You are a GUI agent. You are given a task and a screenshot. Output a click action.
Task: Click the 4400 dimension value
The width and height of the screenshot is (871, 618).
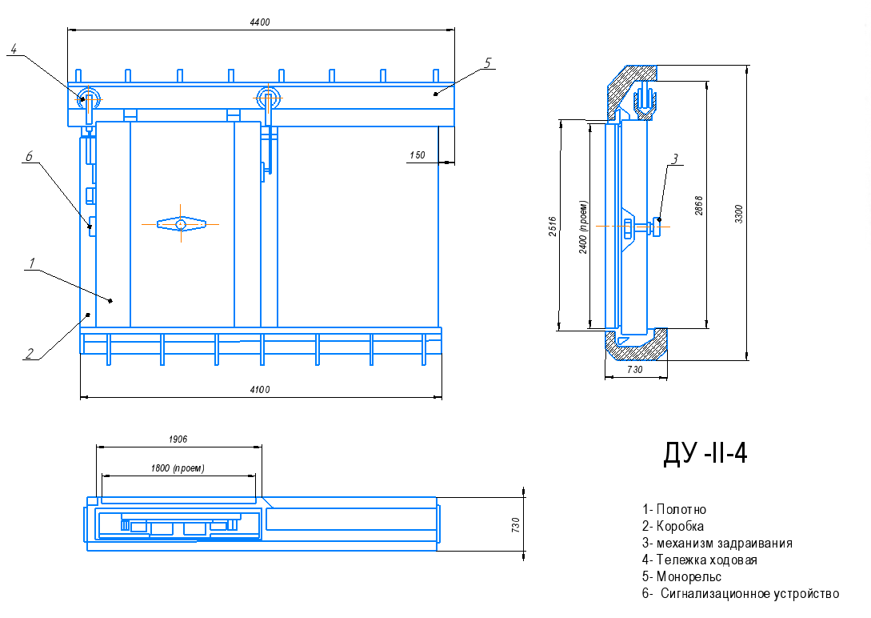pyautogui.click(x=259, y=22)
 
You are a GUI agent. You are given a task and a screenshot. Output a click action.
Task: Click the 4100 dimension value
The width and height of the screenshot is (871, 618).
pyautogui.click(x=259, y=390)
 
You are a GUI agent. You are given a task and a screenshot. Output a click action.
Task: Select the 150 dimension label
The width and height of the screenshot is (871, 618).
pyautogui.click(x=418, y=155)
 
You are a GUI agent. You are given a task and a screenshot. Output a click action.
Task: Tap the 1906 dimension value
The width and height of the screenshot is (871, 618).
pyautogui.click(x=178, y=439)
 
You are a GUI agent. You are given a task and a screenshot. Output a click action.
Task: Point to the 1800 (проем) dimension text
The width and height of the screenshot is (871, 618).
pyautogui.click(x=178, y=468)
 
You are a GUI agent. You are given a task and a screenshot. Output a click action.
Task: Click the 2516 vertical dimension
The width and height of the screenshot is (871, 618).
pyautogui.click(x=553, y=227)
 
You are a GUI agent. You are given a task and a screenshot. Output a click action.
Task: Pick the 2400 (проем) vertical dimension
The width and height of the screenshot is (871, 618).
pyautogui.click(x=583, y=227)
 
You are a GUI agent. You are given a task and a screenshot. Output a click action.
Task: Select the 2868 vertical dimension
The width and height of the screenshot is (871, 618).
pyautogui.click(x=699, y=206)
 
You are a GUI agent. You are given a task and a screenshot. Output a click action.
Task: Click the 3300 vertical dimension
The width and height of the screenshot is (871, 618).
pyautogui.click(x=739, y=214)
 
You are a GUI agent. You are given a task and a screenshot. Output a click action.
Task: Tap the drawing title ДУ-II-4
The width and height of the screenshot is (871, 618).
pyautogui.click(x=705, y=454)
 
